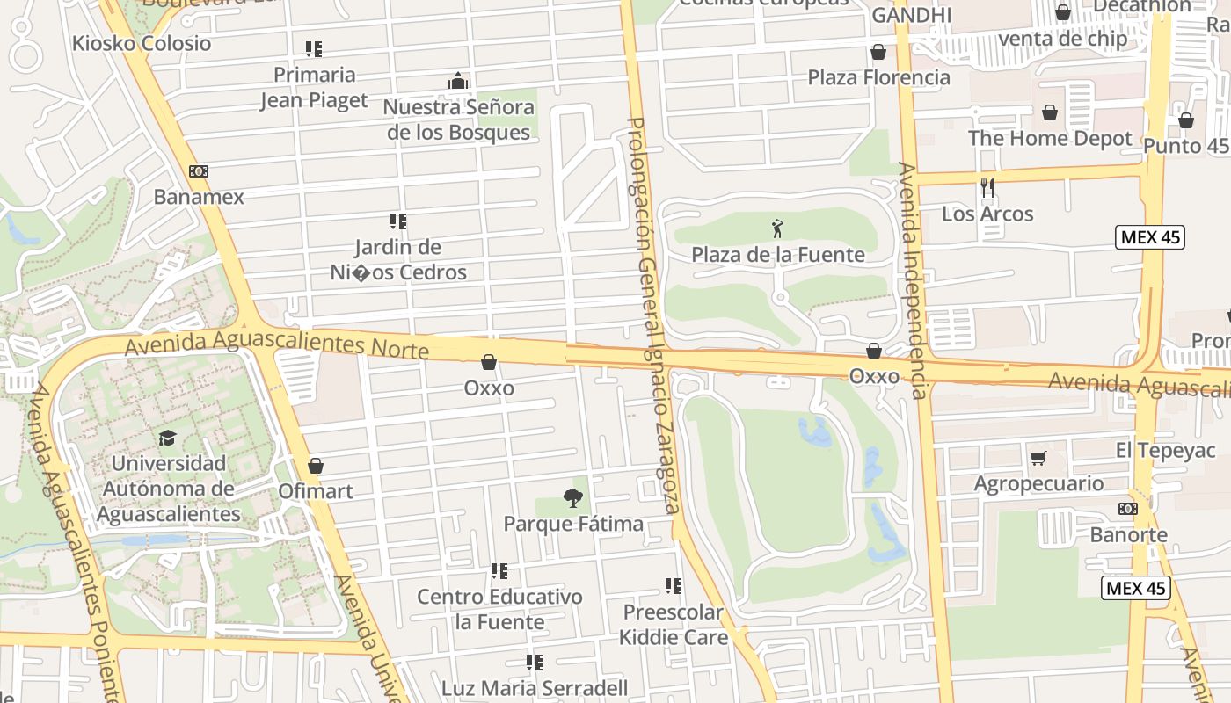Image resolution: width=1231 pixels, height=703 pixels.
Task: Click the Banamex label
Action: (x=199, y=197)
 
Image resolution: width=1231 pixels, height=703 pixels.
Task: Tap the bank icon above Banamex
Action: (x=199, y=171)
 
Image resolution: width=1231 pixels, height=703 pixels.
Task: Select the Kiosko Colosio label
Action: (x=142, y=43)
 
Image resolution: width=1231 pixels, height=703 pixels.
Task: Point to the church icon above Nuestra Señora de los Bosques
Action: (x=458, y=82)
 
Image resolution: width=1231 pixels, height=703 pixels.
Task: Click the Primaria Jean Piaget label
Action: (x=314, y=87)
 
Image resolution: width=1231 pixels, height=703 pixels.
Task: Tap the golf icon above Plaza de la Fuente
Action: (x=777, y=229)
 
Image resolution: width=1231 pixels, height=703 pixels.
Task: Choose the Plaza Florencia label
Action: (x=878, y=77)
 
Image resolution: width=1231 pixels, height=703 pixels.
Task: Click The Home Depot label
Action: (x=1050, y=138)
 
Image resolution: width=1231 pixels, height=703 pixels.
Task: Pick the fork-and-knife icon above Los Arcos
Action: (x=987, y=188)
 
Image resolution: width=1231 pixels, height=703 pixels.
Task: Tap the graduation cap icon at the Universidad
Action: (x=166, y=438)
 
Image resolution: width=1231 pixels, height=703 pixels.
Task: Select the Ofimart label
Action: (x=315, y=491)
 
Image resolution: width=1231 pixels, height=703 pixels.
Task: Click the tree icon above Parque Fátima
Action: (x=573, y=499)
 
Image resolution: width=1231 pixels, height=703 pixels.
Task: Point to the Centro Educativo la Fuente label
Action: (x=499, y=609)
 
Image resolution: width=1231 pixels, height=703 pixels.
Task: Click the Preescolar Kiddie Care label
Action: (x=674, y=624)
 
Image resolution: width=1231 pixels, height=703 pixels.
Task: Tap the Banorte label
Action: (x=1128, y=534)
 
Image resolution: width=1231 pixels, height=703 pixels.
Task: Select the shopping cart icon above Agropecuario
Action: (x=1038, y=458)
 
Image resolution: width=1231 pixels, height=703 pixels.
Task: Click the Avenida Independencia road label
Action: (x=914, y=281)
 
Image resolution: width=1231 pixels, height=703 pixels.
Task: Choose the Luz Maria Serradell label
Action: (x=535, y=687)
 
